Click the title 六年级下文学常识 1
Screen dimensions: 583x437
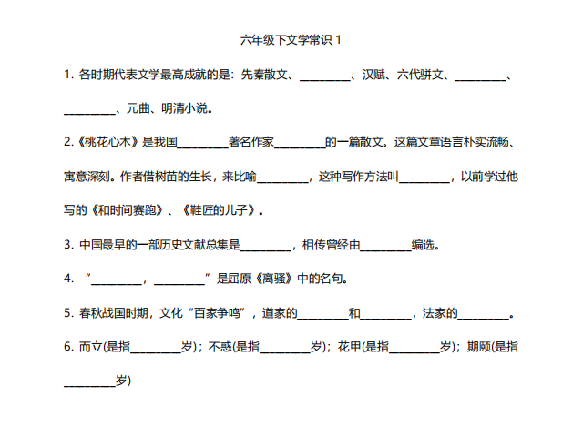tap(291, 40)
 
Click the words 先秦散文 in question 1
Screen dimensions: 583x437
tap(264, 75)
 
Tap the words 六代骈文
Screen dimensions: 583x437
tap(420, 75)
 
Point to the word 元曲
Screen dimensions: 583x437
tap(138, 108)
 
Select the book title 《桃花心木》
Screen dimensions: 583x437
tap(107, 142)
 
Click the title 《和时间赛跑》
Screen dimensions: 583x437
tap(127, 210)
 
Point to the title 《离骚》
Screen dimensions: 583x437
tap(275, 279)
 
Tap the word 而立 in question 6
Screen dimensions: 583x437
tap(90, 347)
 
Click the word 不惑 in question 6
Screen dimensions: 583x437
tap(220, 347)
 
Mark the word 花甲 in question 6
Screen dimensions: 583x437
tap(349, 347)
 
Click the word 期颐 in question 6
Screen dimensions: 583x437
tap(478, 347)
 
